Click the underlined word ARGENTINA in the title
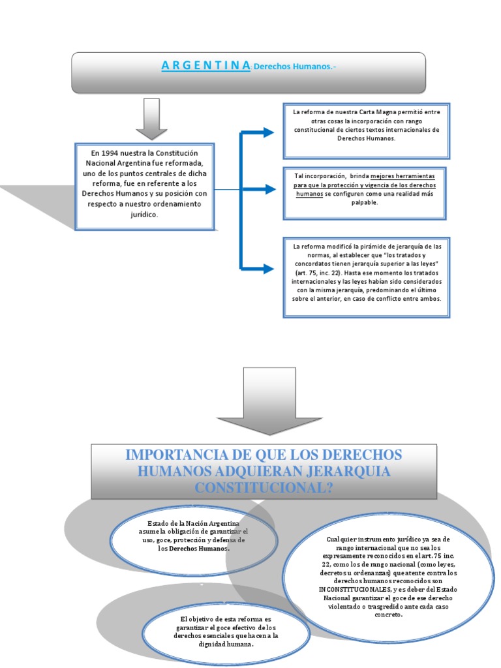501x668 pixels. click(205, 65)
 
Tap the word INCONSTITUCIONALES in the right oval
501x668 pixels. click(351, 588)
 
